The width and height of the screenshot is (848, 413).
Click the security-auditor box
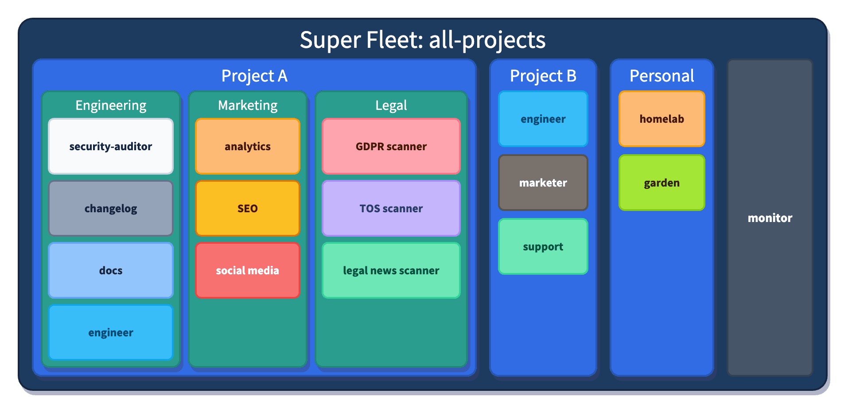(110, 146)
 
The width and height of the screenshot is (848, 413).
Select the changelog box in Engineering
(110, 208)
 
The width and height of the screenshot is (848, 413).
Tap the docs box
(110, 270)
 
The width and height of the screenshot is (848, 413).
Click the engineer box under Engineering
(110, 332)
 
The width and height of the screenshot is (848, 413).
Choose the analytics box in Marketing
(247, 146)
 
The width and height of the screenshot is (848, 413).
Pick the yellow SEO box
(247, 208)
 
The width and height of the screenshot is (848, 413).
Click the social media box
(247, 270)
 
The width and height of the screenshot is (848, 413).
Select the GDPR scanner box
(391, 146)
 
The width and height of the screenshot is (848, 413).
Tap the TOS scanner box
(391, 208)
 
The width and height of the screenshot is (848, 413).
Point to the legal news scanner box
(391, 270)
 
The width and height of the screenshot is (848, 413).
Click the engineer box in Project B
(543, 119)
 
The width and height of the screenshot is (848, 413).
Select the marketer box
(543, 183)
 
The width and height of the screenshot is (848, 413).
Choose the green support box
(543, 246)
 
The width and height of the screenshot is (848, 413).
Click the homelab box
(661, 119)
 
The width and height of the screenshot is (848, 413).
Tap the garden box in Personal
(661, 183)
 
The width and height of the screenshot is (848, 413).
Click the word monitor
(770, 218)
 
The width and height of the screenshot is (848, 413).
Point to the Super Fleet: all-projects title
(423, 40)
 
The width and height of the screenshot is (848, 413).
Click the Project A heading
(254, 76)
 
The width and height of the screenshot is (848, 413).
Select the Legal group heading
(391, 105)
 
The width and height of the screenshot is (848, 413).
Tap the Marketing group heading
(247, 105)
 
